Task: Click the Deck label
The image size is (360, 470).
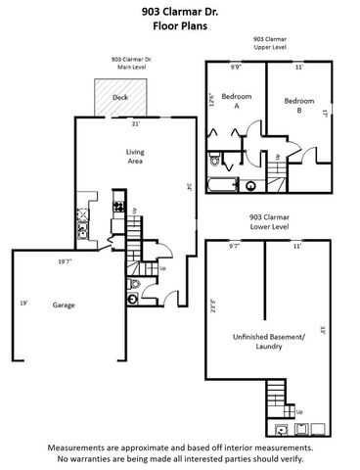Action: coord(119,97)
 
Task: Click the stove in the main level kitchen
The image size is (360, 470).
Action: coord(118,207)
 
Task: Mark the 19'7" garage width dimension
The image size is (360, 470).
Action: coord(65,261)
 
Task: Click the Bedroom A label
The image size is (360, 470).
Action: coord(236,101)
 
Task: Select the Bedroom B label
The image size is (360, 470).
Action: coord(297,105)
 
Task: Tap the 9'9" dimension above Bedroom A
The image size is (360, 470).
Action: coord(235,68)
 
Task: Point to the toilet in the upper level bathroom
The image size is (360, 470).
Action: coord(250,184)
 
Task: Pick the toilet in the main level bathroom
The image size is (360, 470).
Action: coord(133,285)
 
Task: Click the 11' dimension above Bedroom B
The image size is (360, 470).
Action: coord(298,68)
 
